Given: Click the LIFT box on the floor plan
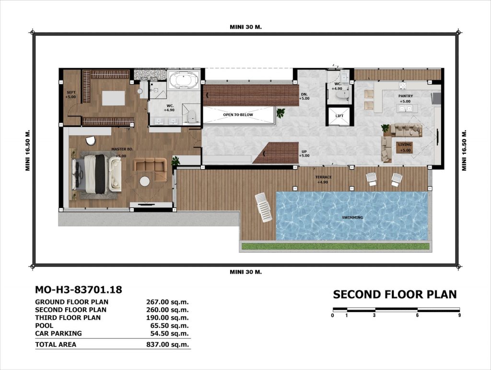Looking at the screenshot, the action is coord(340,116).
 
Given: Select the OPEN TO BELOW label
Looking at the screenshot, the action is coord(238,115).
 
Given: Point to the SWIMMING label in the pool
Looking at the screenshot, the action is coord(352,218).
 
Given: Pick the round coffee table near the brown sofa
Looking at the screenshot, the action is coord(145,181).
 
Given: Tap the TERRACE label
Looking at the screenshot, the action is coord(324,177).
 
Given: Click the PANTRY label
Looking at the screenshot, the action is coord(406,96).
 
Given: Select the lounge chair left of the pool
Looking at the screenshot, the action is coord(263,208).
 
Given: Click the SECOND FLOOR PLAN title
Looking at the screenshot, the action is coord(395,295).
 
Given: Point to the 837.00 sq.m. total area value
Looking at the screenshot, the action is coord(167,345).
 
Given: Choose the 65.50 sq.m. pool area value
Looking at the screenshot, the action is coord(169,325).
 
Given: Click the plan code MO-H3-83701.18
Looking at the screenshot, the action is coord(79,290).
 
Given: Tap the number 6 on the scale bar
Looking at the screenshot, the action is coord(417,315).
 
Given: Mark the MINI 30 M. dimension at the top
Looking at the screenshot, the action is coord(246,27).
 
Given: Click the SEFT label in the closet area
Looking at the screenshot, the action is coord(71,92).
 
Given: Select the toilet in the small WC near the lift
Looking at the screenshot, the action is coord(339,94).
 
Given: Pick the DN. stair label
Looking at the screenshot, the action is coord(304,94).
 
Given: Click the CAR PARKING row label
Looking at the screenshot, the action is coord(58,334).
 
